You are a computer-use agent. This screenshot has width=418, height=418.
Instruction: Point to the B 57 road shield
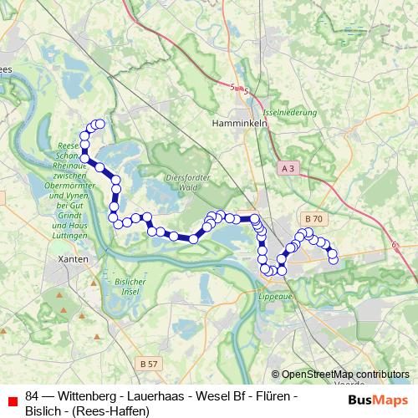pos(149,364)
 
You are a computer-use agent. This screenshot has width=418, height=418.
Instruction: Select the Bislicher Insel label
pos(130,287)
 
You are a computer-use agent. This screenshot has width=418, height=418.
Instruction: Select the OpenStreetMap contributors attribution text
pos(344,375)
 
